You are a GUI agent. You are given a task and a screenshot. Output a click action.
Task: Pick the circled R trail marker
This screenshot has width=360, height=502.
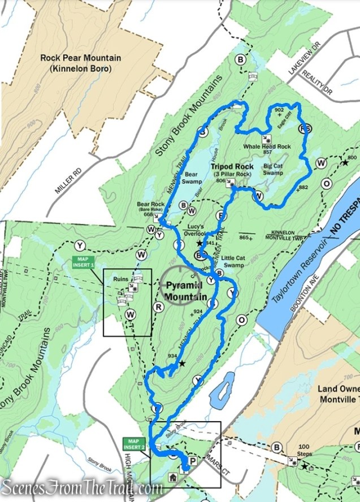[x=159, y=306]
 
